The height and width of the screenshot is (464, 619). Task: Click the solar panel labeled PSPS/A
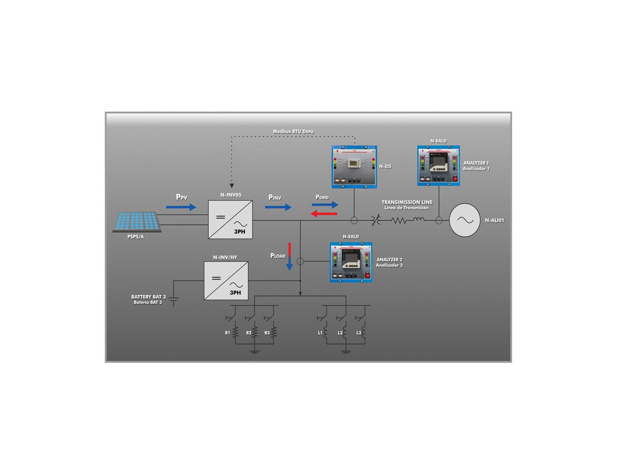coord(137,221)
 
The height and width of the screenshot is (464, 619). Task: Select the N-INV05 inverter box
coord(230,219)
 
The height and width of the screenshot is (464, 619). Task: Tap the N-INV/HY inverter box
coord(226,281)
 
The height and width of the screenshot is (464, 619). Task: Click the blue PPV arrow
coord(181,207)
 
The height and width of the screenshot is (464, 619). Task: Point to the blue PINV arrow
coord(278,207)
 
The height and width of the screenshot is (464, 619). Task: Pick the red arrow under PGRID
coord(324,214)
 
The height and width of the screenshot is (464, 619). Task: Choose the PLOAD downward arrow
coord(290,257)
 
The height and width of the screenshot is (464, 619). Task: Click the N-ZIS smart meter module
coord(354,167)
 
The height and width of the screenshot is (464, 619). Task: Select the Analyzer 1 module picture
coord(438,165)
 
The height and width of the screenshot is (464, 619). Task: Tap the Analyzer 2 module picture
coord(351,262)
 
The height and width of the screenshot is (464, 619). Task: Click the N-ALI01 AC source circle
coord(465,220)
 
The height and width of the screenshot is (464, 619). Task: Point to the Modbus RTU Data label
coord(293,132)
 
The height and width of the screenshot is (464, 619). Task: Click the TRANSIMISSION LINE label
coord(407,203)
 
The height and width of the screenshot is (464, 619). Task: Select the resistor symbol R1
coord(236,333)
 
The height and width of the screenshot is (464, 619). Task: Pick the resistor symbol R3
coord(274,333)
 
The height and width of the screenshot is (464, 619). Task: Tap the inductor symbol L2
coord(345,333)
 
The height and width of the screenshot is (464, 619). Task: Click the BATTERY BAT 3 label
coord(149,297)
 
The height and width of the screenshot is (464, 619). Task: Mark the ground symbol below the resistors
coord(255,351)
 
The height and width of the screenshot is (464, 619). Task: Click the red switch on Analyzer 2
coord(367,276)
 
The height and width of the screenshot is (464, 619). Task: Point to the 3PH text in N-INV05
coord(240,232)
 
